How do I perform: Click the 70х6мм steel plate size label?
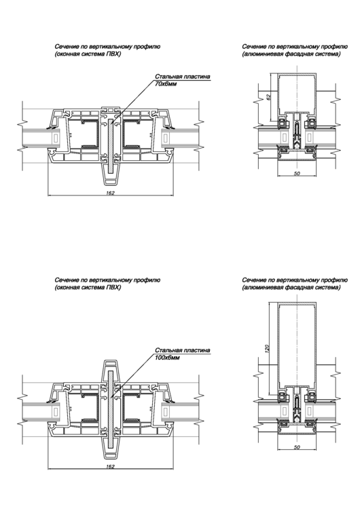click(166, 84)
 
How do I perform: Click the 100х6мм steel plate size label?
click(167, 358)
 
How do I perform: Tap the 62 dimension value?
click(268, 97)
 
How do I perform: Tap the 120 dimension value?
click(267, 349)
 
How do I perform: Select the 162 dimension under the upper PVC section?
click(111, 193)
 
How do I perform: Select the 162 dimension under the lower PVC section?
click(111, 466)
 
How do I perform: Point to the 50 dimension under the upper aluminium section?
click(297, 173)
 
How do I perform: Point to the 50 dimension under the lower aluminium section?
click(297, 447)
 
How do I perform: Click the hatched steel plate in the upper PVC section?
click(111, 146)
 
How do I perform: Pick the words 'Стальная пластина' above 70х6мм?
click(182, 77)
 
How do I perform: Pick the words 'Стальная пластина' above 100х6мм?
click(182, 350)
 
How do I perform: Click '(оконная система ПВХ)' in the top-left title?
click(88, 54)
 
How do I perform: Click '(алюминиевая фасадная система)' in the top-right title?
click(291, 54)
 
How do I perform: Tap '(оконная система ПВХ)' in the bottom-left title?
click(88, 288)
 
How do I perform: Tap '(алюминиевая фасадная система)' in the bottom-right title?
click(291, 288)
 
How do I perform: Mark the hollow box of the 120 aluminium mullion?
click(278, 344)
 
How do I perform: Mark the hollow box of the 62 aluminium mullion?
click(278, 94)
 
